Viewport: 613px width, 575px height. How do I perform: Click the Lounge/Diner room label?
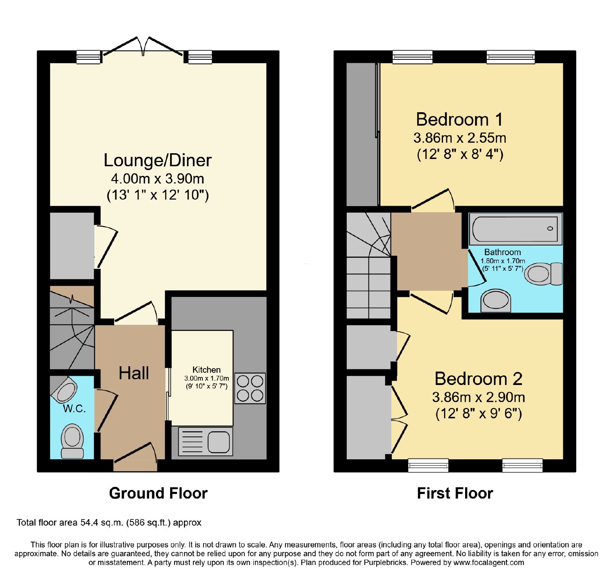157,161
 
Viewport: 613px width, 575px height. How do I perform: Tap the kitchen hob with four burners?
250,388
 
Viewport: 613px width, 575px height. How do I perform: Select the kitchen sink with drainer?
205,441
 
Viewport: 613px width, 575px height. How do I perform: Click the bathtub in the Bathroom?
515,229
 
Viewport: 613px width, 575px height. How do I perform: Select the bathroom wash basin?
496,300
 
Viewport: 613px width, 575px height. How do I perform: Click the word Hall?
134,373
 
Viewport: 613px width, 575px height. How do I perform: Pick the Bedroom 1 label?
459,120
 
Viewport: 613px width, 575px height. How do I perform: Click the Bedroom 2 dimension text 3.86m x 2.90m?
479,397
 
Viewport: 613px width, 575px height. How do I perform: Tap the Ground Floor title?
158,493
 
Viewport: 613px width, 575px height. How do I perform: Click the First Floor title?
455,493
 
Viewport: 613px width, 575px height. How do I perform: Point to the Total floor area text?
109,523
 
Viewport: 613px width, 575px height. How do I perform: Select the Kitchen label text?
207,370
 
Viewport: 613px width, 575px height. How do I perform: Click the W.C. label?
74,409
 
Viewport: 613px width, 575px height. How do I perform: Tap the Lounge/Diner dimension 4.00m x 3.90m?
157,179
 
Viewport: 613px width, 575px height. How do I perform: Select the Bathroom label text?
503,252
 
